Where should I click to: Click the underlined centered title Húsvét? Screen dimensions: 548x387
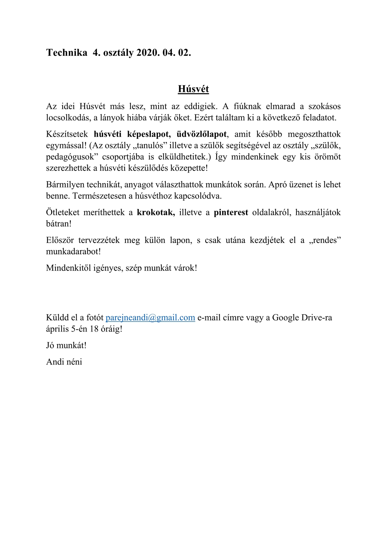[193, 89]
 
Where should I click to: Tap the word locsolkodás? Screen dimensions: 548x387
[67, 118]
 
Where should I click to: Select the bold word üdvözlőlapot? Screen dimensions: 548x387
[202, 134]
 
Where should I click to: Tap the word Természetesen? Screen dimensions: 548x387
[100, 196]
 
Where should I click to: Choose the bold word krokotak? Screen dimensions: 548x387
[156, 213]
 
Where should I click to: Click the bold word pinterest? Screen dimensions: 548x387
[231, 213]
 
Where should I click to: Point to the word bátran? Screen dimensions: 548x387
[59, 224]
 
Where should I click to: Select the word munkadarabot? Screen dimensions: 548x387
[73, 252]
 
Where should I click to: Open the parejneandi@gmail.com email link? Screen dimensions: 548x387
[150, 318]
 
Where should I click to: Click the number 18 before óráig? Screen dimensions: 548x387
[94, 329]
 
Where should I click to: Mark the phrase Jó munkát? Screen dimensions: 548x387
[66, 346]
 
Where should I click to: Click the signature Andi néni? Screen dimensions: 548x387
[64, 362]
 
